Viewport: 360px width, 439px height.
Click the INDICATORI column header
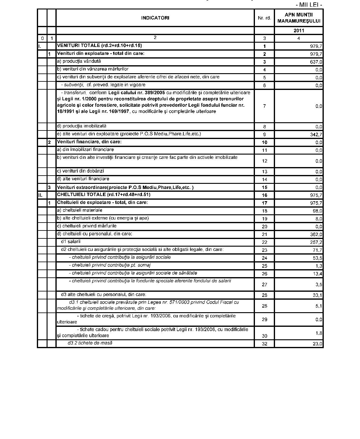tap(155, 18)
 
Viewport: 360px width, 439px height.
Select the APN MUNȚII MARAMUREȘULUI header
tap(299, 18)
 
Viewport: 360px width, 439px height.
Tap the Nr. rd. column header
tap(264, 18)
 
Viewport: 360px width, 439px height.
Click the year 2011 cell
tap(299, 30)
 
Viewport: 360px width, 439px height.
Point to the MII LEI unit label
tap(309, 5)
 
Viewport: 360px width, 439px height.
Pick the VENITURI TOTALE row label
tap(99, 46)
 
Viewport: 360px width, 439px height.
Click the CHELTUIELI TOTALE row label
tap(104, 195)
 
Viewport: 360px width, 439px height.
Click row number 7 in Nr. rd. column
tap(264, 106)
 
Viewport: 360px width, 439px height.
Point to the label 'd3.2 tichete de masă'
tap(90, 343)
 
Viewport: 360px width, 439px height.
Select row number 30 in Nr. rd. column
tap(264, 336)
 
